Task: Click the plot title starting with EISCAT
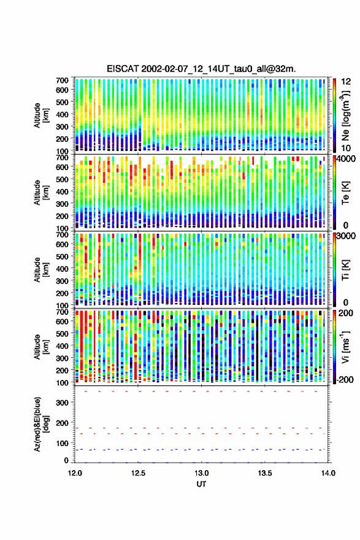(201, 69)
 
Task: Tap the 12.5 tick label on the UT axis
(138, 473)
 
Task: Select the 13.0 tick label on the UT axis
(201, 473)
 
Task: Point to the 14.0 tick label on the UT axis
(328, 473)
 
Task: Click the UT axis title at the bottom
(201, 484)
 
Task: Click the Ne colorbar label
(345, 115)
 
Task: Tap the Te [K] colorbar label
(345, 193)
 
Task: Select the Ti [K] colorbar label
(345, 270)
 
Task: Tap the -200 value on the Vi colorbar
(345, 379)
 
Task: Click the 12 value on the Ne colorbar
(346, 82)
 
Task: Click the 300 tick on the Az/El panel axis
(63, 403)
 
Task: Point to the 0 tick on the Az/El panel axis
(66, 460)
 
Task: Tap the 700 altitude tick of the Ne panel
(63, 80)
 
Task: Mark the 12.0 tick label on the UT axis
(75, 473)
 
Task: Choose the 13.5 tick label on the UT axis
(265, 473)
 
